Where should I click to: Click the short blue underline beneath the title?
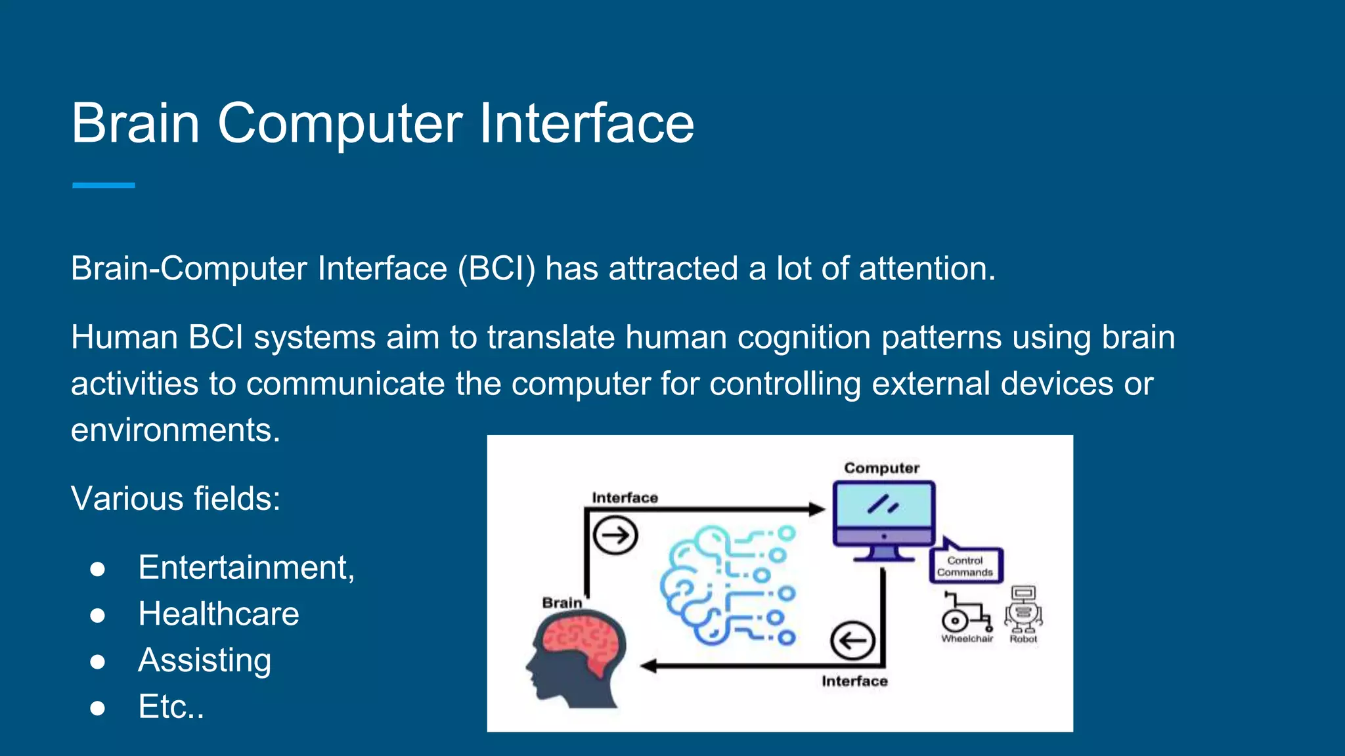[103, 186]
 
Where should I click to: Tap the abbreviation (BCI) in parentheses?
[496, 269]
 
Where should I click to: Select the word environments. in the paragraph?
[175, 430]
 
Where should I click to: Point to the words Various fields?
[175, 499]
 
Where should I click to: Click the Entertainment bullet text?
[246, 568]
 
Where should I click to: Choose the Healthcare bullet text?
[219, 614]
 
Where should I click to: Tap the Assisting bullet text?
[204, 660]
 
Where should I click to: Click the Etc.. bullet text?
[171, 707]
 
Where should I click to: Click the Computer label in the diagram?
[881, 468]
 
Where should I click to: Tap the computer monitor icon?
[883, 518]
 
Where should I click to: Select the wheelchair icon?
[965, 613]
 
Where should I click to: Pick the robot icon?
[1023, 609]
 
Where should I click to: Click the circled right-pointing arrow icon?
[615, 535]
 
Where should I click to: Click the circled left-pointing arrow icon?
[852, 640]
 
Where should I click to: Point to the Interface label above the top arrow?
[625, 498]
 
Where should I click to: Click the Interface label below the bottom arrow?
[854, 682]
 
